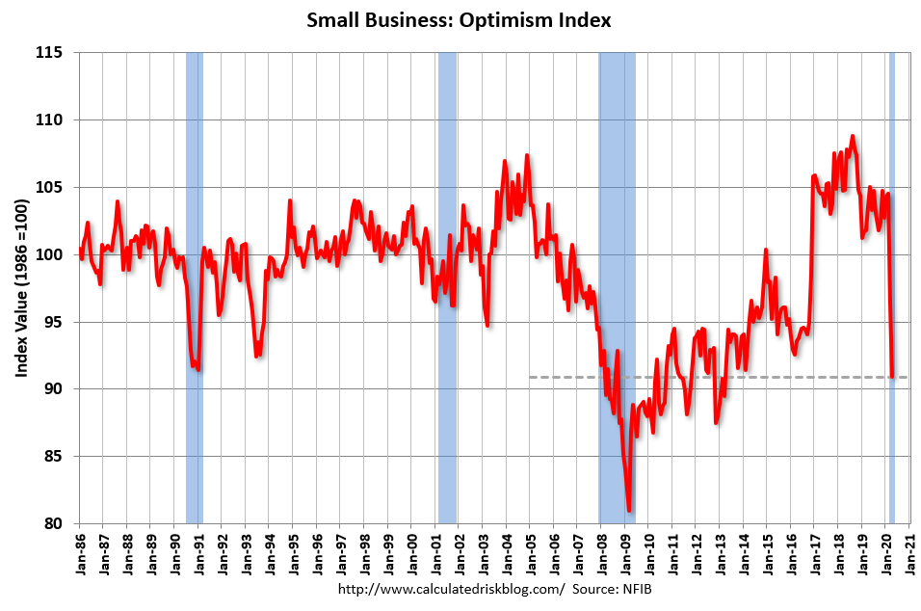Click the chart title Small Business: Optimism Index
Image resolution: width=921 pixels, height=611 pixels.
coord(459,20)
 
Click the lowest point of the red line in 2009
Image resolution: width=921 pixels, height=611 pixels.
coord(629,511)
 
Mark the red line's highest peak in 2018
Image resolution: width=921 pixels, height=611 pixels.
coord(853,136)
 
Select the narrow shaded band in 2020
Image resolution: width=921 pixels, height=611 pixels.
coord(892,289)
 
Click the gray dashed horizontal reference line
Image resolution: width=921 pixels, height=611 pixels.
coord(674,377)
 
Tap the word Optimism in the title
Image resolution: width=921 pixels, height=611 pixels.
coord(525,20)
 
